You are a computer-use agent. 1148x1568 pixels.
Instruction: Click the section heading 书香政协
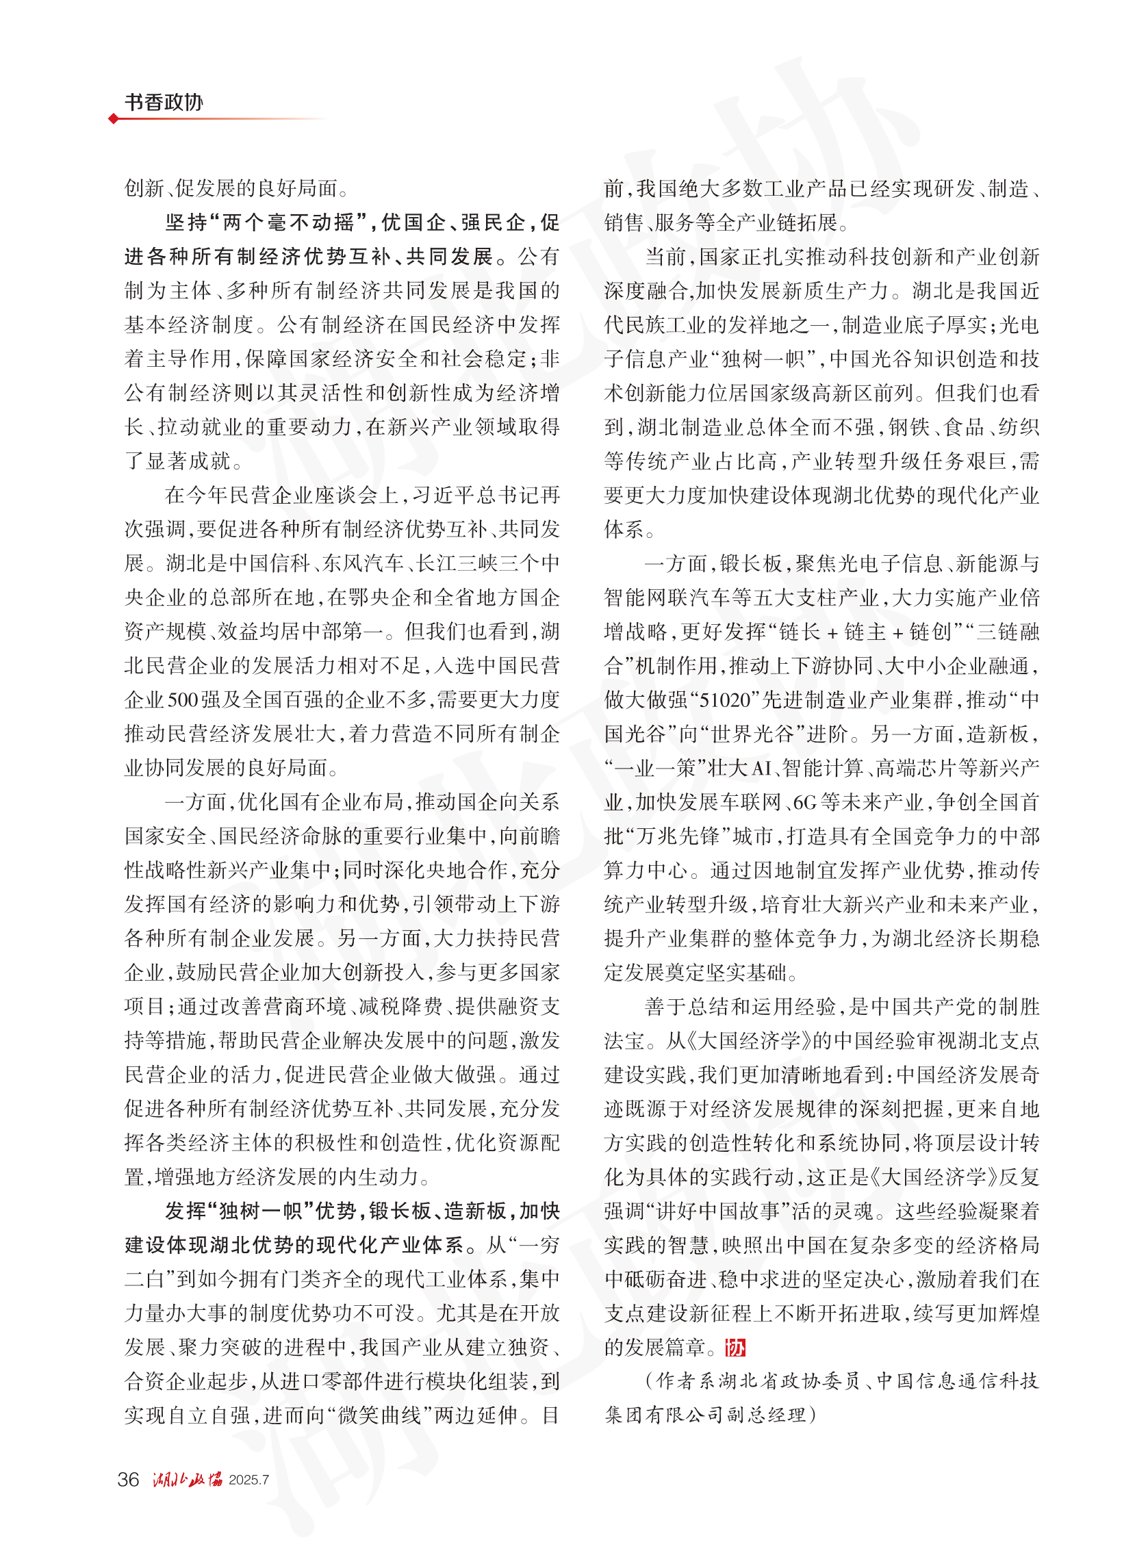[164, 102]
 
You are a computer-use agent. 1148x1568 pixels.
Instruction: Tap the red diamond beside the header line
[113, 119]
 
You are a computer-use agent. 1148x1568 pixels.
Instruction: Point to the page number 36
[129, 1480]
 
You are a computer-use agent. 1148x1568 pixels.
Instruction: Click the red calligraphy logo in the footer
[187, 1480]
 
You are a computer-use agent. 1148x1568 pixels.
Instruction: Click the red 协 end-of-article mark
[735, 1348]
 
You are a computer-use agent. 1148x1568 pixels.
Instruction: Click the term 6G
[806, 802]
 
